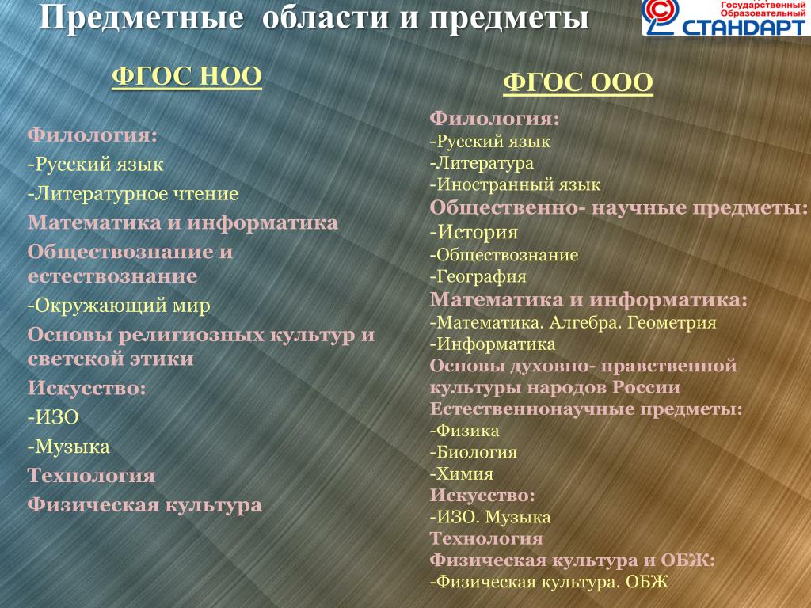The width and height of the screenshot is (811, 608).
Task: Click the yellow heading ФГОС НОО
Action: click(187, 76)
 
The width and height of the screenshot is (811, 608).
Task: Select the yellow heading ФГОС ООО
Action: click(577, 82)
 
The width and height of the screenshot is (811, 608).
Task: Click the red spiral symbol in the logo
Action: click(661, 16)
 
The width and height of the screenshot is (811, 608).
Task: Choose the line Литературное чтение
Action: click(133, 194)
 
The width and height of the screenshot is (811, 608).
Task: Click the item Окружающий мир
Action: click(119, 306)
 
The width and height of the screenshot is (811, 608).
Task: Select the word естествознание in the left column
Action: click(112, 276)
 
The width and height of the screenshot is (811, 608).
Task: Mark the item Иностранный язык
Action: click(515, 184)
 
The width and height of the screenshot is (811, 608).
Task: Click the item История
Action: click(474, 232)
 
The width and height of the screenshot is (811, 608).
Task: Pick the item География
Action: click(478, 277)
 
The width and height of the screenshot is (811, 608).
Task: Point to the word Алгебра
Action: click(585, 323)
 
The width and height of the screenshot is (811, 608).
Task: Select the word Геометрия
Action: click(672, 323)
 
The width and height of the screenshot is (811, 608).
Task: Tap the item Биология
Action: click(474, 452)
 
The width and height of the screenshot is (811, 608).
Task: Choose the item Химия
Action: click(462, 473)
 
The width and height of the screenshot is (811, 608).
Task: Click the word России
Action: click(646, 387)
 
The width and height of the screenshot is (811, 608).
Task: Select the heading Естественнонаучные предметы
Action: click(586, 409)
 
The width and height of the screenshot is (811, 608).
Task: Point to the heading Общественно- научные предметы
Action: click(619, 208)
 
